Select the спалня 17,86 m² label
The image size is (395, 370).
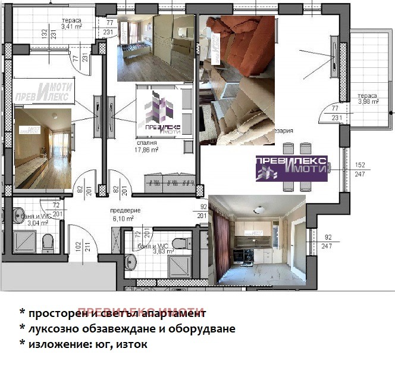151,147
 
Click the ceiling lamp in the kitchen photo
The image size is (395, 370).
259,209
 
